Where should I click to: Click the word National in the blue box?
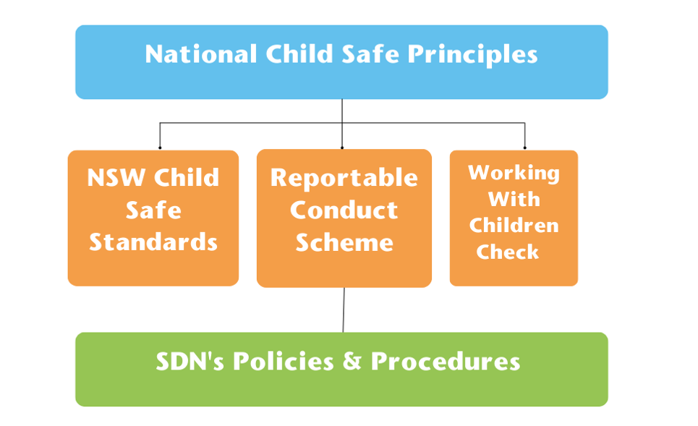[x=201, y=54]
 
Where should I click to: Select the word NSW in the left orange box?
[x=116, y=177]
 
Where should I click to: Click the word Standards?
[x=153, y=242]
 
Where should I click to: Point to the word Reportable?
[x=344, y=178]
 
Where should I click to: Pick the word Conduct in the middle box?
[x=344, y=210]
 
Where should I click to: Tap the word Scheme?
[x=344, y=242]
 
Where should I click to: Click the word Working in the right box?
[x=514, y=173]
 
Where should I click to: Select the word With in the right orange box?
[x=514, y=199]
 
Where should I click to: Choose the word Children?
[x=514, y=225]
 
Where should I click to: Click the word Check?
[x=508, y=252]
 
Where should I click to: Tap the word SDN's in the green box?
[x=190, y=361]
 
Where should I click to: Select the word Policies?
[x=284, y=361]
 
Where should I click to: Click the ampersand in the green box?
[x=352, y=361]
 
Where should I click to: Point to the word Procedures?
[x=446, y=361]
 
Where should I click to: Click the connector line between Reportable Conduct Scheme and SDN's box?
[x=344, y=310]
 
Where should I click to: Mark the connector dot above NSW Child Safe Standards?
[x=160, y=148]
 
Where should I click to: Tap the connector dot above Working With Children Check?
[x=525, y=148]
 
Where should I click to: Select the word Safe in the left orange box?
[x=153, y=210]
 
